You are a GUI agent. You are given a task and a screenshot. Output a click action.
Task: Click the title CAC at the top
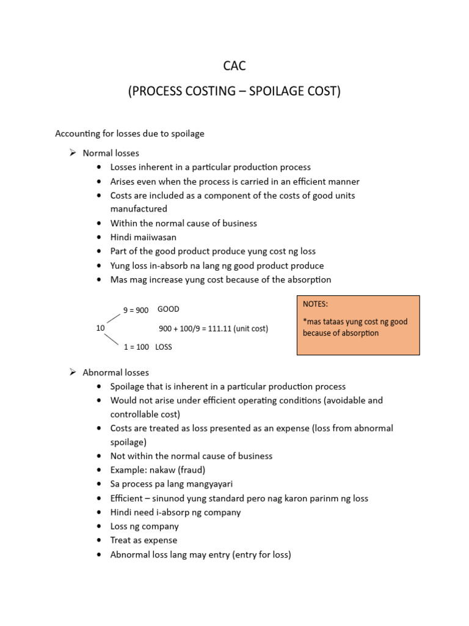tap(234, 66)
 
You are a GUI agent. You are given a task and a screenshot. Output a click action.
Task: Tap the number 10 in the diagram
tap(101, 328)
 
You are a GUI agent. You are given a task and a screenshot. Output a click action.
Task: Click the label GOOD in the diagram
tap(169, 309)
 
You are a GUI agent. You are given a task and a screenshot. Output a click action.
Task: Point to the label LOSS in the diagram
tap(164, 347)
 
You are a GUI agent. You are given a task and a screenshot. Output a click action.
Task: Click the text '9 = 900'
tap(136, 310)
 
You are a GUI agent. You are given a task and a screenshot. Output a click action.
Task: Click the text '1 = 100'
tap(136, 347)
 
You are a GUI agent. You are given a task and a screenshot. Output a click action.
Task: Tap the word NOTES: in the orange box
tap(315, 304)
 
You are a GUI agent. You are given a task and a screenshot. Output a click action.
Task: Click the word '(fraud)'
tap(191, 470)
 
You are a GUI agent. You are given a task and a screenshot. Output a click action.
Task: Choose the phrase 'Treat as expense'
tap(144, 540)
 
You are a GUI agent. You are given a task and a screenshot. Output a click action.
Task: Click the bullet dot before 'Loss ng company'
tap(99, 526)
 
